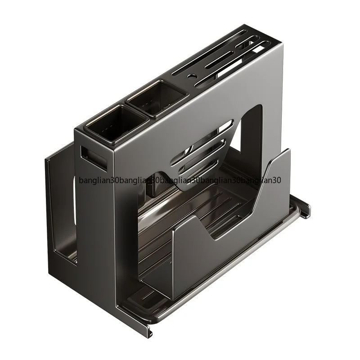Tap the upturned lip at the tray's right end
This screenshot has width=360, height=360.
pyautogui.click(x=306, y=205)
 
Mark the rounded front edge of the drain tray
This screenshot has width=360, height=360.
pyautogui.click(x=225, y=288)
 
